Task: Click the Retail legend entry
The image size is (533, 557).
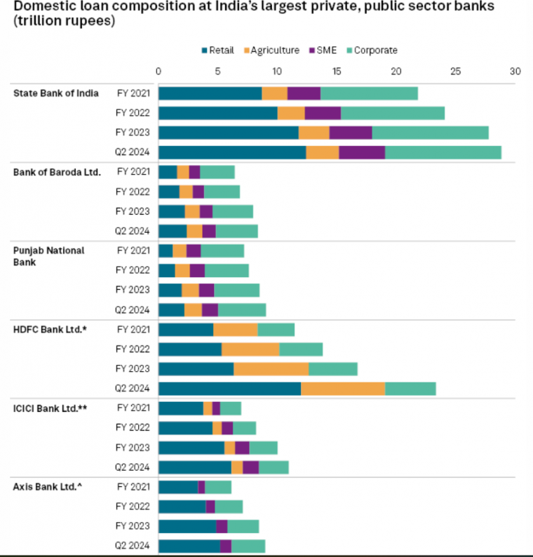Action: pos(221,51)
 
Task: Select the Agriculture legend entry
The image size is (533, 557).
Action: pos(270,51)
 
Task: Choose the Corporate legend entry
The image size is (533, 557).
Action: pos(375,51)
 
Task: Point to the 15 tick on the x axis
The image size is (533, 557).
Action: pos(337,72)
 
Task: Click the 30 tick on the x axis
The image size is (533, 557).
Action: pos(515,72)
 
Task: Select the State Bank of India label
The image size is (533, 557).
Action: pos(56,93)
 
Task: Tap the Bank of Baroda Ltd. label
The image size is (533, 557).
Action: pos(58,172)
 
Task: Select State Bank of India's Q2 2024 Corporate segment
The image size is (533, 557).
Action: pos(443,152)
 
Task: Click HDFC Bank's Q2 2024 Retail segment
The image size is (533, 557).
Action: pos(230,389)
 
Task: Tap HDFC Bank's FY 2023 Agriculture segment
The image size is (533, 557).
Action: pos(271,369)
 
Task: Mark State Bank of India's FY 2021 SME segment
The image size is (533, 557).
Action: pos(304,93)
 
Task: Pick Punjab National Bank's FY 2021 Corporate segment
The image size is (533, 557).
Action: pos(222,251)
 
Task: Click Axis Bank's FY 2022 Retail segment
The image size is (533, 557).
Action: pos(182,506)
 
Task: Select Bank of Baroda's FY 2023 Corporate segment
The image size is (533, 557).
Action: pos(233,212)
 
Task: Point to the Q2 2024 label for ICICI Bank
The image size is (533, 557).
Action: pos(133,467)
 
